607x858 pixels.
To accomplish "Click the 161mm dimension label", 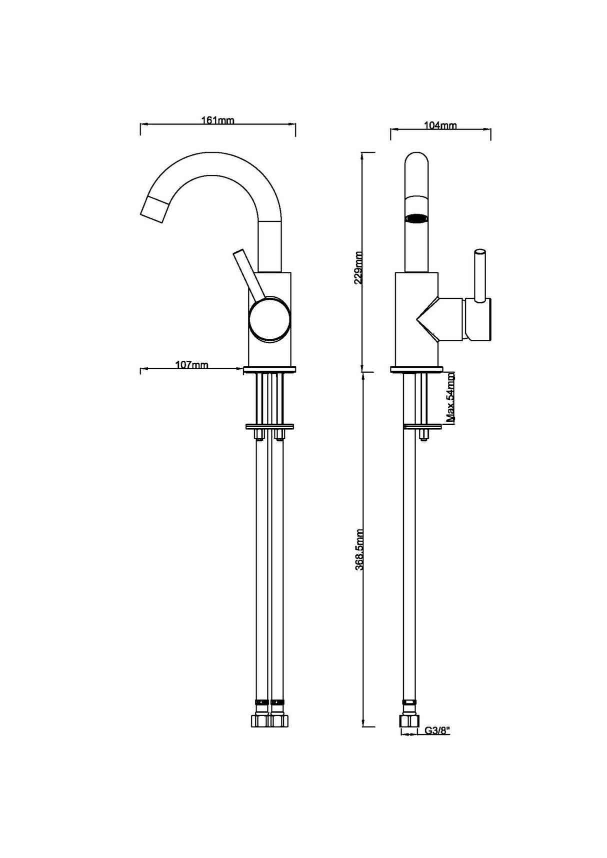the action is click(217, 120).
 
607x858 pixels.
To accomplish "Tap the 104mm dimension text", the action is click(440, 125).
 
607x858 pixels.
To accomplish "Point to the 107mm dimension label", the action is click(191, 365).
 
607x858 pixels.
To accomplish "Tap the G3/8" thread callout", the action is click(437, 731).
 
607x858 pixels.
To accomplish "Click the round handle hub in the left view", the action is click(269, 320).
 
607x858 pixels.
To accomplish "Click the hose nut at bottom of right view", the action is click(408, 721).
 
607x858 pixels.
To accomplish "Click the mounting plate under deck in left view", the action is click(269, 427).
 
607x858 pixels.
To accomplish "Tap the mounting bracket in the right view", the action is click(423, 426).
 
